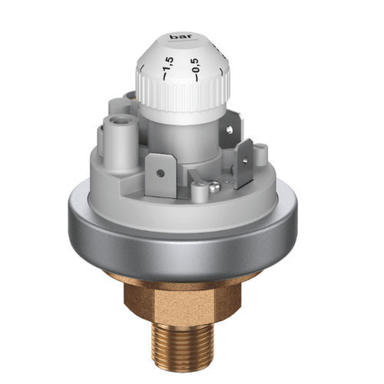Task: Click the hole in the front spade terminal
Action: point(160,174)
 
